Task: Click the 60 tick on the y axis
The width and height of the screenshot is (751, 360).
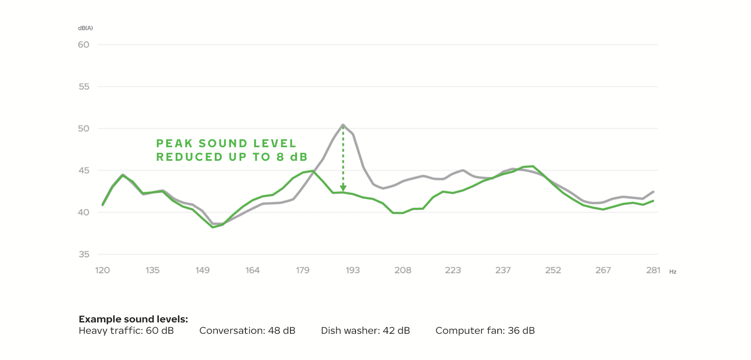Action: (84, 45)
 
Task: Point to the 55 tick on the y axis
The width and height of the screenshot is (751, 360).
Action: (84, 87)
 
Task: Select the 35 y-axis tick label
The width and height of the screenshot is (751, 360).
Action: (84, 254)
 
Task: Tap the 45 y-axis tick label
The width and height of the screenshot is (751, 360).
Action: (84, 170)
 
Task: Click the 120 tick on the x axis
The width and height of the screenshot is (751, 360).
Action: (102, 270)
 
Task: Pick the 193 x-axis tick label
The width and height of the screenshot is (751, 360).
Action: (353, 270)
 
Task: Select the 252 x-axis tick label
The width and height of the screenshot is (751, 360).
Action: (553, 270)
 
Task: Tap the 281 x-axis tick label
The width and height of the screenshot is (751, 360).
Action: (653, 270)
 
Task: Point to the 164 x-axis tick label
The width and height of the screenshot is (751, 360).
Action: (252, 270)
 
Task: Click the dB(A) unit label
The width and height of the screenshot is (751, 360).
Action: (85, 28)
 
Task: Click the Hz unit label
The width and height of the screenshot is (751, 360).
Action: (673, 272)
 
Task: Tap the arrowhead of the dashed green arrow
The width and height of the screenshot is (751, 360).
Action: (343, 188)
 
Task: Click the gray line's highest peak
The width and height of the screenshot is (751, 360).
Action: (343, 125)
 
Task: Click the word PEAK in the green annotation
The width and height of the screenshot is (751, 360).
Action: (175, 143)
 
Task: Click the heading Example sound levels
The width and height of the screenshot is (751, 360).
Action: (133, 319)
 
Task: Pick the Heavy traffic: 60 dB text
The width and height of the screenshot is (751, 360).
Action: (126, 331)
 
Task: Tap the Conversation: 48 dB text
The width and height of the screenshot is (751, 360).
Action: (247, 331)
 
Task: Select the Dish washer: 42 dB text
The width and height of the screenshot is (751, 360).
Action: (365, 331)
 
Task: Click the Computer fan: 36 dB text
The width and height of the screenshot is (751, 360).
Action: (485, 331)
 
